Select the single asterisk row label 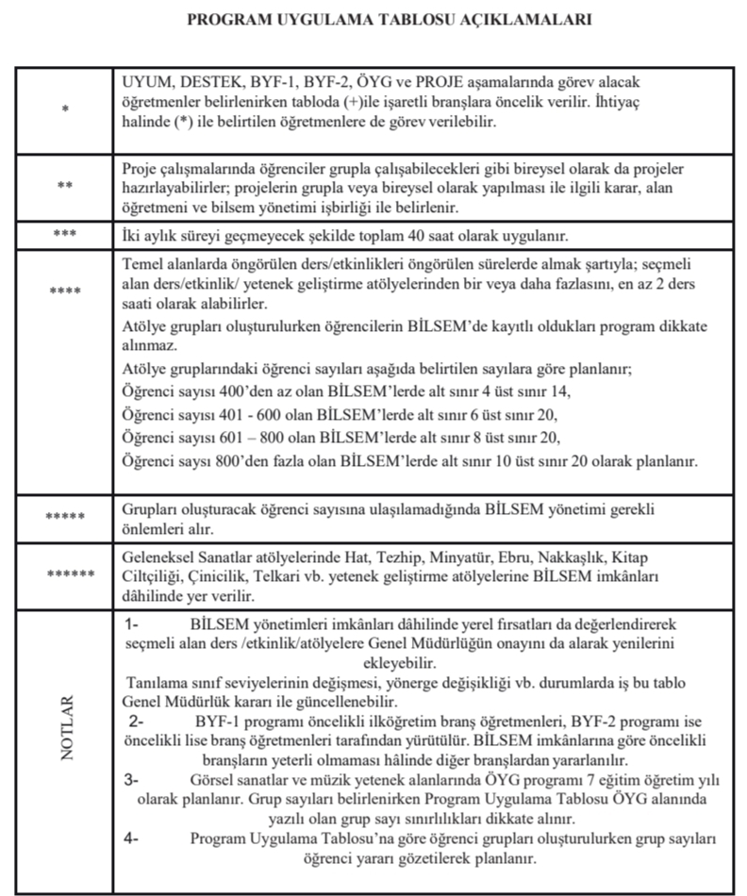[x=64, y=110]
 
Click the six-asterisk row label [x=64, y=573]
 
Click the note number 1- [x=131, y=625]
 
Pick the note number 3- [x=131, y=779]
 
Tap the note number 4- [x=131, y=838]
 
